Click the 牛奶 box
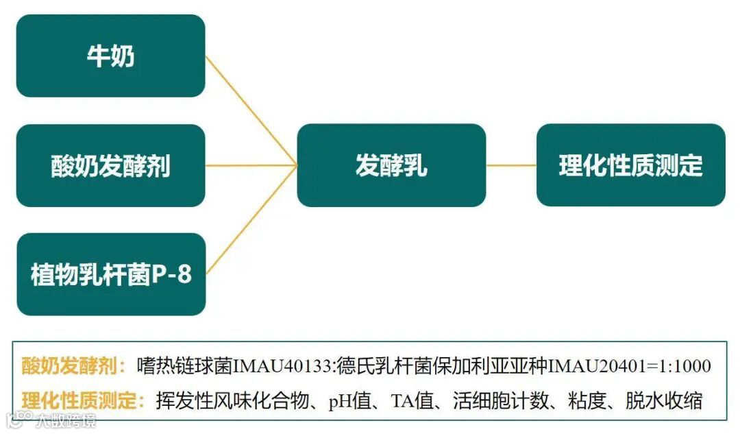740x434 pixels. (x=110, y=56)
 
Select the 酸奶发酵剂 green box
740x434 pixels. (x=110, y=165)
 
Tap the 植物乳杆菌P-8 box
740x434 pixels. (x=110, y=274)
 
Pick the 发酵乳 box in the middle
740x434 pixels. (x=391, y=165)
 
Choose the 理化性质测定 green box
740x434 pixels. (x=630, y=165)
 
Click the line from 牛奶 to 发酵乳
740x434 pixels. (x=251, y=110)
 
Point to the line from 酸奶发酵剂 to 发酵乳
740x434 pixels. (x=251, y=165)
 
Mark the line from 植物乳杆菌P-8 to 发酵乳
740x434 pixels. (x=251, y=219)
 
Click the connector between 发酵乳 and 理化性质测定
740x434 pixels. (x=511, y=165)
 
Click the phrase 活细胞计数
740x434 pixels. (x=495, y=400)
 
